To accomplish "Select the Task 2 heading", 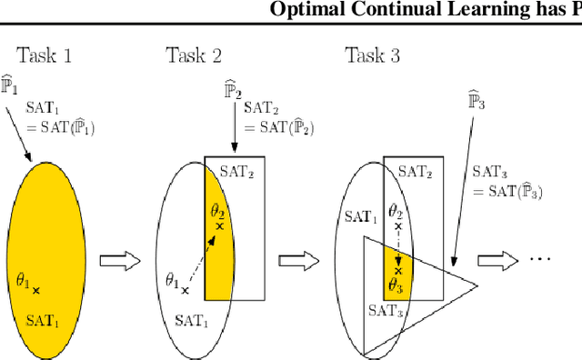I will coord(193,55).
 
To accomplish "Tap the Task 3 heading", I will coord(372,55).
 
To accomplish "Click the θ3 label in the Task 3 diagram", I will coord(396,285).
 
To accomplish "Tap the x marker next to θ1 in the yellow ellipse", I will coord(36,291).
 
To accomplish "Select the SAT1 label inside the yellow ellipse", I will coord(45,319).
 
